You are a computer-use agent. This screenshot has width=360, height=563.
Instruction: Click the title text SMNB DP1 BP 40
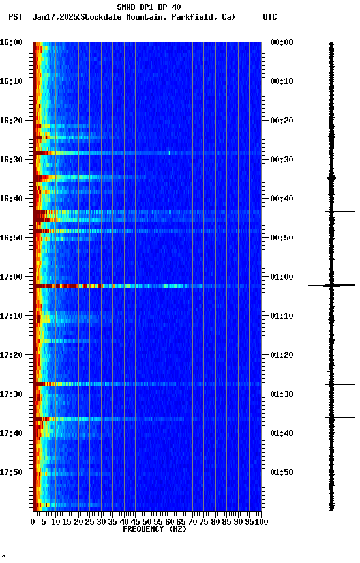(x=149, y=7)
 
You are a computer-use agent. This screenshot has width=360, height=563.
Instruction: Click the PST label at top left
(x=16, y=17)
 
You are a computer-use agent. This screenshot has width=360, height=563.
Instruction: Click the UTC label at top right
(x=269, y=17)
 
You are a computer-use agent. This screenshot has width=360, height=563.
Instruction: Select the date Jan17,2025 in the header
(x=54, y=17)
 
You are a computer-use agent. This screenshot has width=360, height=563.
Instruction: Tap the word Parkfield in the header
(x=194, y=17)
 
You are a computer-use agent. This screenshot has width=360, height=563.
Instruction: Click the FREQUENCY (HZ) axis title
(x=154, y=529)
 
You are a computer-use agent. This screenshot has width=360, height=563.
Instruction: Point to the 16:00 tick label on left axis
(x=11, y=42)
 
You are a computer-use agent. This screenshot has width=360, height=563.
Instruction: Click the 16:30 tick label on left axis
(x=11, y=160)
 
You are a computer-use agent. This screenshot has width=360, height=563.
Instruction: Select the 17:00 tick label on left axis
(x=11, y=277)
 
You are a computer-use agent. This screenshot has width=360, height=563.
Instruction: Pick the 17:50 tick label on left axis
(x=11, y=472)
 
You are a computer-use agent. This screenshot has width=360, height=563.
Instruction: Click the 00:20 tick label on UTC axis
(x=281, y=121)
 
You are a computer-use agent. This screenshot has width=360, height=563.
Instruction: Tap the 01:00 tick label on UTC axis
(x=281, y=277)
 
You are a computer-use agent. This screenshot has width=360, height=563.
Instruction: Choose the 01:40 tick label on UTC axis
(x=281, y=433)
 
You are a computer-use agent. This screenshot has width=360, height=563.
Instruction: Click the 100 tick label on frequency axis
(x=262, y=521)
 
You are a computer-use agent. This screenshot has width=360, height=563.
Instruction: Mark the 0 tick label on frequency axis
(x=33, y=521)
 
